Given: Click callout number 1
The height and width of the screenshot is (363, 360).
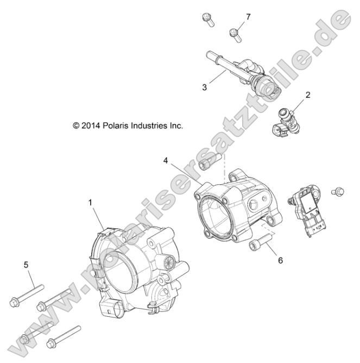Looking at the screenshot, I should point(91,202).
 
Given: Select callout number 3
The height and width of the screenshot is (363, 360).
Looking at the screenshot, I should point(204,87).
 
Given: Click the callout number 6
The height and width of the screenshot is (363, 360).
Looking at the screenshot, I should point(281,260).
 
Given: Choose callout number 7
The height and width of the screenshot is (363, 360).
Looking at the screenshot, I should point(248,17).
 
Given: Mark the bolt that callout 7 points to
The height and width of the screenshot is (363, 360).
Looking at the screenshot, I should point(235,33).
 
